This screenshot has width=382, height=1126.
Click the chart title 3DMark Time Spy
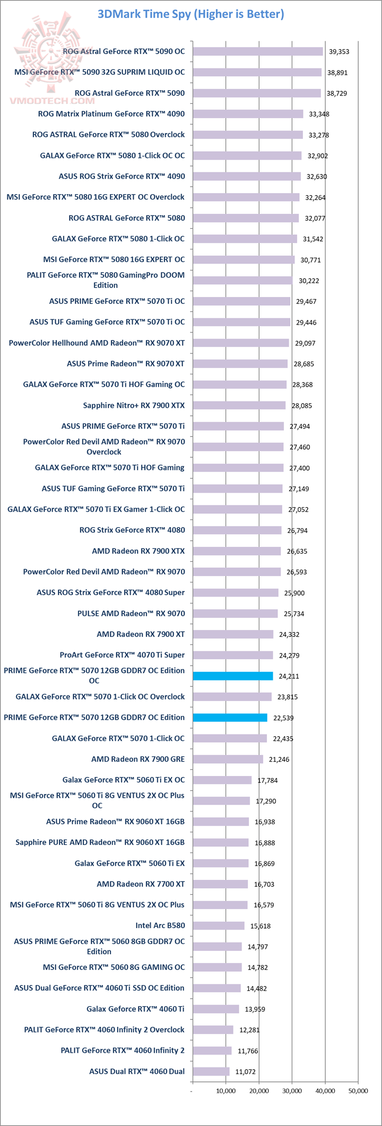pos(190,14)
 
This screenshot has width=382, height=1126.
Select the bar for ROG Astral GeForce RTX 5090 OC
pos(258,51)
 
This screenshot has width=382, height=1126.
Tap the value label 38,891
pos(338,73)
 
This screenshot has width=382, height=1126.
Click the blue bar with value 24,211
pos(233,676)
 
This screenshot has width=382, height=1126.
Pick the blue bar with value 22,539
pos(230,718)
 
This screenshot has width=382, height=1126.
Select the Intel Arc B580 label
pos(160,926)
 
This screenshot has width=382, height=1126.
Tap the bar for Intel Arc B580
pos(219,926)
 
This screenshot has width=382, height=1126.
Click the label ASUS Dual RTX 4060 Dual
pos(137,1071)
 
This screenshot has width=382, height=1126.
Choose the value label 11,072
pos(245,1072)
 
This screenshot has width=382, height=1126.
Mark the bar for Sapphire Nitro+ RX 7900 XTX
pos(239,405)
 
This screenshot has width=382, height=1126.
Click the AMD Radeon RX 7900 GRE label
pos(138,759)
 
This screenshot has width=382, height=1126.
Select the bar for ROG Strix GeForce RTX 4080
pos(237,530)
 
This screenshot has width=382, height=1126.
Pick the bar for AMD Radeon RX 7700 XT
pos(220,884)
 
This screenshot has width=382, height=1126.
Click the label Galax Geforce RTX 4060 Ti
pos(135,1009)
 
